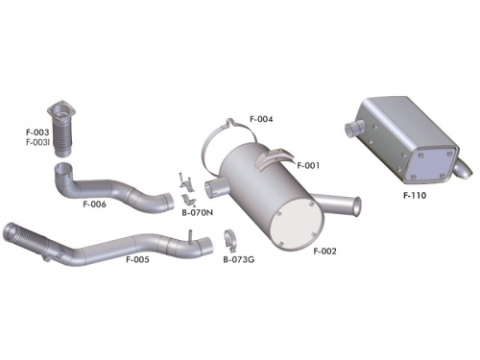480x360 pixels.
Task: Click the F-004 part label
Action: click(x=261, y=119)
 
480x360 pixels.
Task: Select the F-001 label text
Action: click(x=308, y=165)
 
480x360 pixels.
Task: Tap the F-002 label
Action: click(x=325, y=251)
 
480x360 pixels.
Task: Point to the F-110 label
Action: click(x=415, y=196)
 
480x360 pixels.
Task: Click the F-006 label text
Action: click(x=94, y=204)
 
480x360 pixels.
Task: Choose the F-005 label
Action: click(x=137, y=259)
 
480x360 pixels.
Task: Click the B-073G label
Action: click(x=236, y=259)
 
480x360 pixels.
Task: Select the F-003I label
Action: click(x=39, y=142)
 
